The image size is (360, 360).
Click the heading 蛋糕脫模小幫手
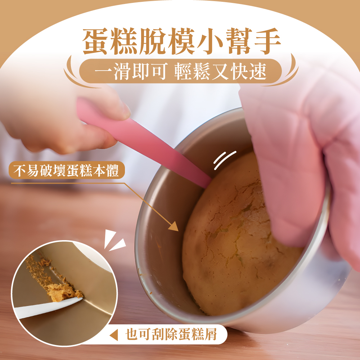click(x=181, y=41)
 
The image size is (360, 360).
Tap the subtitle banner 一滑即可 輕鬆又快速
click(x=180, y=71)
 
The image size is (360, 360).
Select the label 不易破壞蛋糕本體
click(x=67, y=170)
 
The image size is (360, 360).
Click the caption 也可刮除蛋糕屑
click(x=171, y=334)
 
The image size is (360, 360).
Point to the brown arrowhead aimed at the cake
click(x=174, y=226)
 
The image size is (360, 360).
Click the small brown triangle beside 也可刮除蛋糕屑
click(x=114, y=335)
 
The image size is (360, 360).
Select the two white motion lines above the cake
click(x=225, y=160)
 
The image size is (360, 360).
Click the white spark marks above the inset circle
click(x=114, y=240)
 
